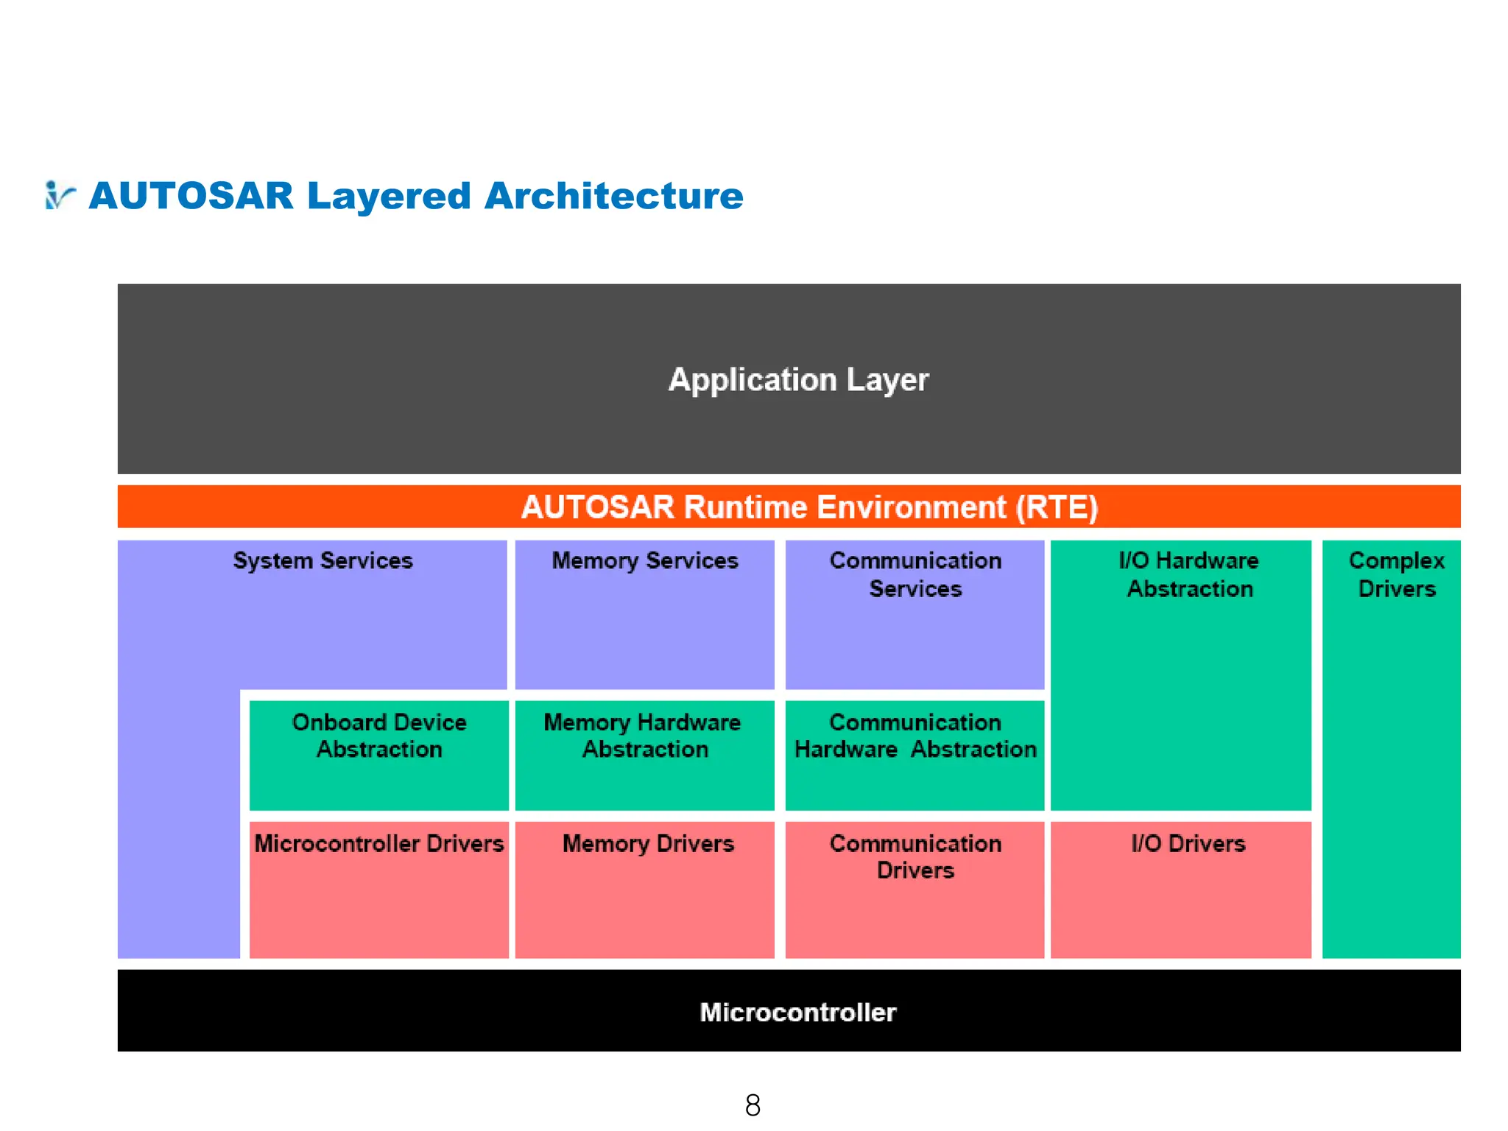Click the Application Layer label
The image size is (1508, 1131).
tap(798, 380)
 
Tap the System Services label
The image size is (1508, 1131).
tap(323, 561)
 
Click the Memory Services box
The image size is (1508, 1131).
tap(644, 615)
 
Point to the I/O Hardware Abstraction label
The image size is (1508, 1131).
tap(1188, 575)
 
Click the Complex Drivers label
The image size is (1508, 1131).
tap(1396, 575)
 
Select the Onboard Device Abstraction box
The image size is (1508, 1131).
tap(379, 755)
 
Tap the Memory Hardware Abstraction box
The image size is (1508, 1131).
tap(644, 755)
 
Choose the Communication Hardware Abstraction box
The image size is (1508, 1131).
tap(915, 755)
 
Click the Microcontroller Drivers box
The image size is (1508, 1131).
tap(379, 889)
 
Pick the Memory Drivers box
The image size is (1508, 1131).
tap(644, 889)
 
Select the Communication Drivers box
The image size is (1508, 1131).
tap(915, 889)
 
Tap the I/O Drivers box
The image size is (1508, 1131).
tap(1180, 889)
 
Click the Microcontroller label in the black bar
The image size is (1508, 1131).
tap(798, 1012)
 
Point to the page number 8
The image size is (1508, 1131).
tap(753, 1105)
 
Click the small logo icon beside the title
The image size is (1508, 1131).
tap(59, 196)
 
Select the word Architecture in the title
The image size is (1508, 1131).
tap(613, 196)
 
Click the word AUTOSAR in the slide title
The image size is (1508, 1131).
tap(191, 196)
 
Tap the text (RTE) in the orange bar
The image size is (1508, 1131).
tap(1057, 507)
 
